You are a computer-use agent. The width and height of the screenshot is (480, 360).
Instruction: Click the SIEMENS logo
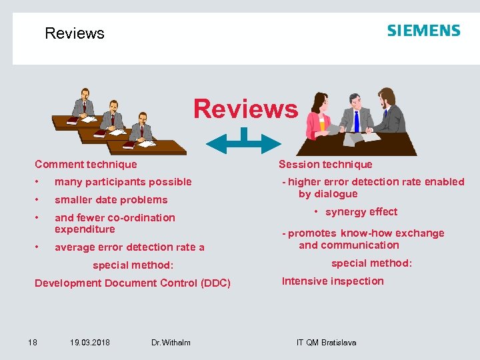click(x=423, y=31)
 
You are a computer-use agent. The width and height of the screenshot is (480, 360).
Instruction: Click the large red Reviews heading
click(x=245, y=109)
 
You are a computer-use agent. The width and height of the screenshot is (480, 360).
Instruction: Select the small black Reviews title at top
click(x=75, y=33)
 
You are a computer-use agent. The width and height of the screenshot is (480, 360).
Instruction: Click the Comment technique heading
click(x=86, y=165)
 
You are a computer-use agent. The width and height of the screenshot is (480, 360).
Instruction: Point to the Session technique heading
click(x=325, y=165)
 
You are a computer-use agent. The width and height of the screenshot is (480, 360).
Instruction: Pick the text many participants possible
click(x=123, y=182)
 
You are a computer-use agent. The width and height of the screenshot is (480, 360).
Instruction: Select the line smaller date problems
click(x=111, y=200)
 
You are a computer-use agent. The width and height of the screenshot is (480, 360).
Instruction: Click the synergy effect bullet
click(x=361, y=212)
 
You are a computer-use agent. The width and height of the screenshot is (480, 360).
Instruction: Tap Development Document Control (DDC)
click(x=133, y=283)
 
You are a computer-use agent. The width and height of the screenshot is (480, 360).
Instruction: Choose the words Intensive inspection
click(x=333, y=281)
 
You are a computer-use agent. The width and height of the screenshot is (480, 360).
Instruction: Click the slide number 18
click(x=32, y=343)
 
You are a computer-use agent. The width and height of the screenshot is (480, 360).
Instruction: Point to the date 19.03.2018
click(x=90, y=343)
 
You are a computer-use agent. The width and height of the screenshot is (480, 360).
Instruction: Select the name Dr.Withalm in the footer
click(x=171, y=343)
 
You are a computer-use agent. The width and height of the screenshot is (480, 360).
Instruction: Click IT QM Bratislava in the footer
click(x=326, y=343)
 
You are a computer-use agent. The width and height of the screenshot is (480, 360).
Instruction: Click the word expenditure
click(x=85, y=229)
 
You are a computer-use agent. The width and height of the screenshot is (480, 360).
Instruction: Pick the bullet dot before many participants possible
click(x=39, y=182)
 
